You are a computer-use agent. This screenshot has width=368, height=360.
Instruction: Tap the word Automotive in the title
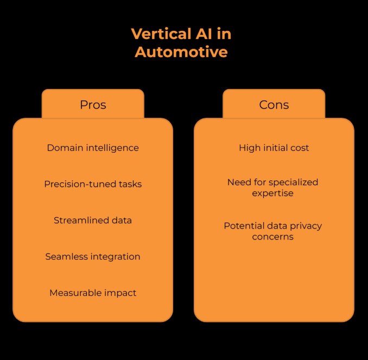181,52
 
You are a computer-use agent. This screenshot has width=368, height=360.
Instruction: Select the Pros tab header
93,105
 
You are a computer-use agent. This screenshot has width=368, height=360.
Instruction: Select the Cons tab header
274,105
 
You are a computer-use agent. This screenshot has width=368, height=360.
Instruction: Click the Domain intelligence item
93,148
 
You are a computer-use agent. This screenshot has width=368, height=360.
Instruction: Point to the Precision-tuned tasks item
93,184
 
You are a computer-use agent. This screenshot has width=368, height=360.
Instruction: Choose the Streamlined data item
93,220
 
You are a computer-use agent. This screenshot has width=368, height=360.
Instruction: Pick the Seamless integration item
93,256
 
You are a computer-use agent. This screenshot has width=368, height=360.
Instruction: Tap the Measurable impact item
93,293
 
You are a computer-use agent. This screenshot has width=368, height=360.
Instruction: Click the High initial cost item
274,148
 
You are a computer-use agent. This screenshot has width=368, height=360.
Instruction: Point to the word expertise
274,193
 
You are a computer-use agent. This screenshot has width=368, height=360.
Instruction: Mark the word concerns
273,237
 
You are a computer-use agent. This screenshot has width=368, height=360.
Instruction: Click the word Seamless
66,256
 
